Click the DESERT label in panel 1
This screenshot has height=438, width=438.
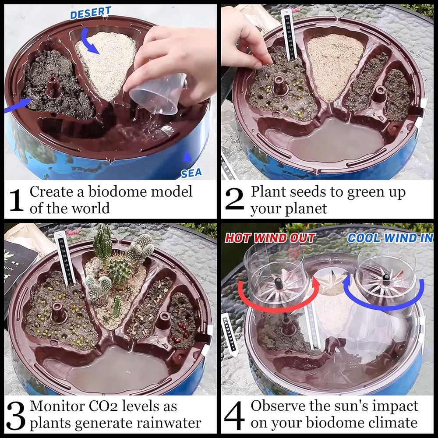(91, 13)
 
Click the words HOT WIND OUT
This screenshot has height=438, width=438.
(270, 238)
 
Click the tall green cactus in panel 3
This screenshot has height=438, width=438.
(103, 241)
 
